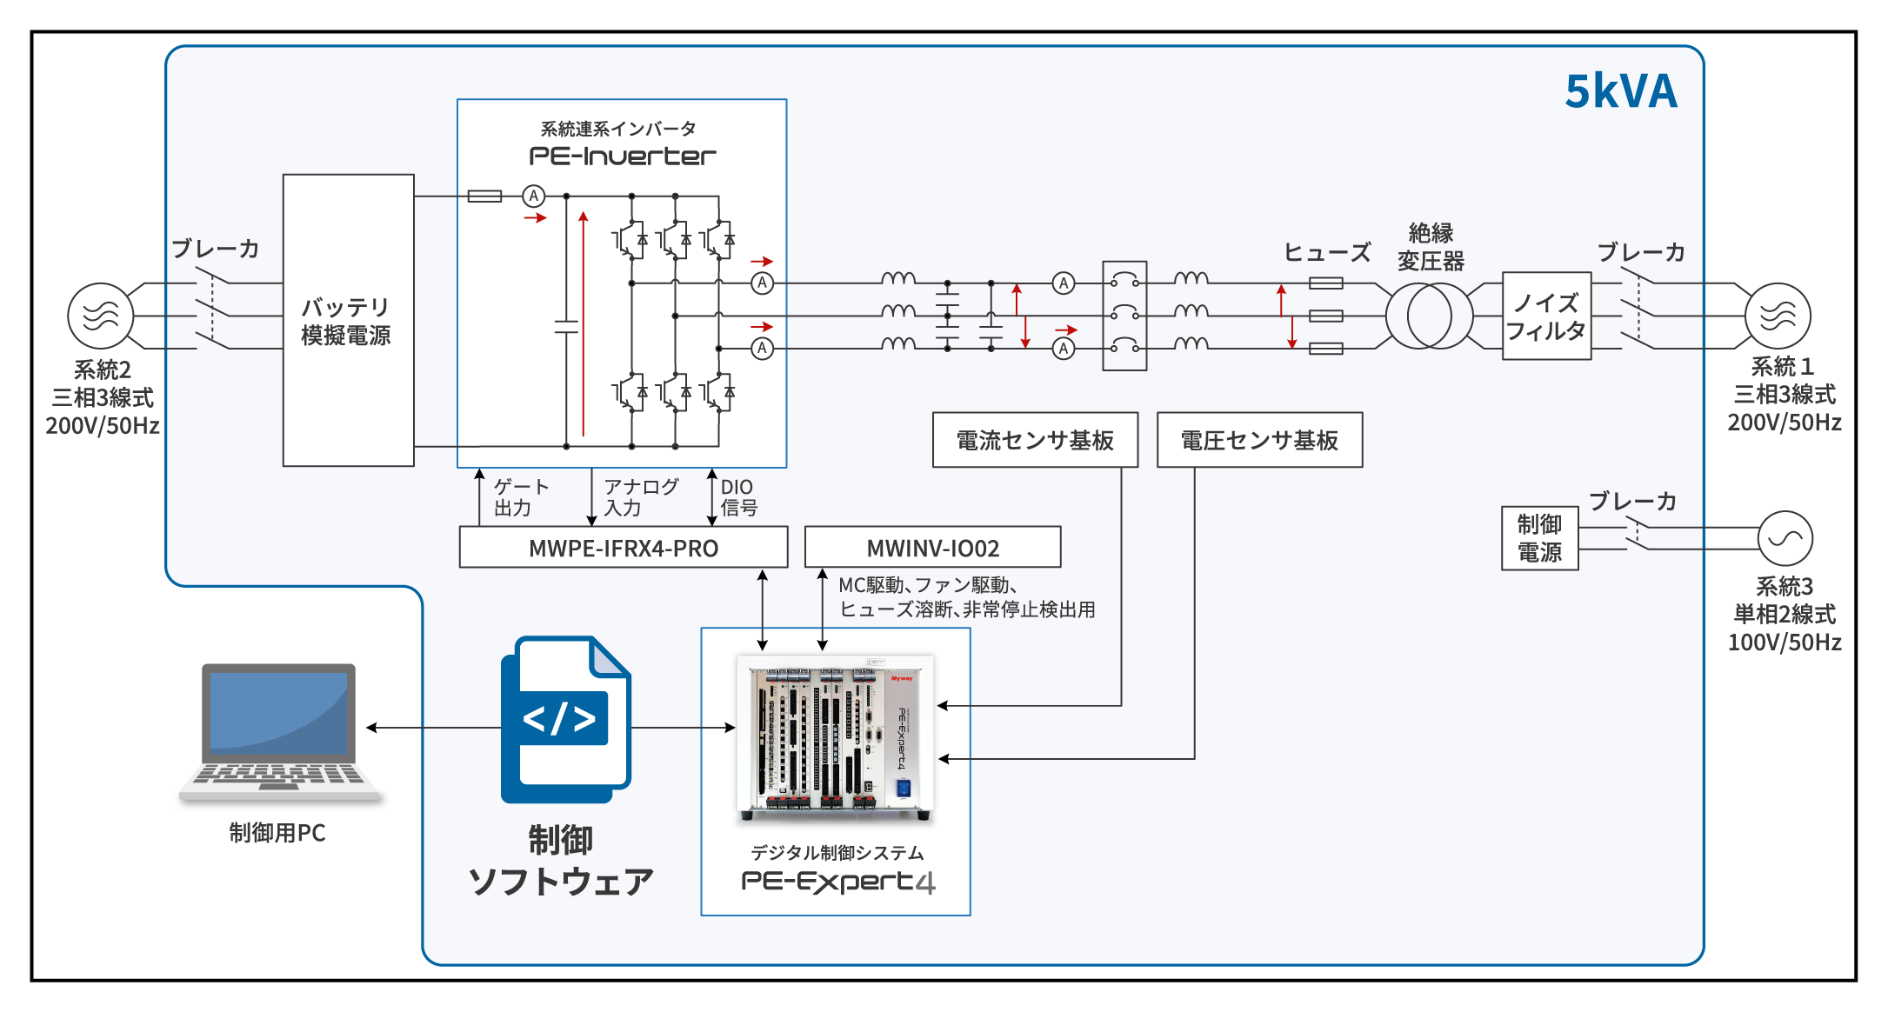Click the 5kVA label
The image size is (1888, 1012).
point(1620,91)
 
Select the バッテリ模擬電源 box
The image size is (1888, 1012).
point(348,320)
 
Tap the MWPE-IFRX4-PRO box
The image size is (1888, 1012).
point(623,548)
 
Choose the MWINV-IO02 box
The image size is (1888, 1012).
point(932,548)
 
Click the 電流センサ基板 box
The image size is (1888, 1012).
point(1035,440)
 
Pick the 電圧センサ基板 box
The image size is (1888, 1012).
point(1259,440)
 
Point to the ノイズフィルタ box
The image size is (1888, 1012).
point(1546,316)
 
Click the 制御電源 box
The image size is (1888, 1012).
point(1539,538)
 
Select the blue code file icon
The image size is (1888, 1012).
point(565,719)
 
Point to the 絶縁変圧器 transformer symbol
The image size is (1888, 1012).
point(1429,316)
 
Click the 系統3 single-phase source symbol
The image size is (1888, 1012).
point(1785,538)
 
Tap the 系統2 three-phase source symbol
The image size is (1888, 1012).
point(101,316)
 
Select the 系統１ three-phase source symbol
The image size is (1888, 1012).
point(1778,316)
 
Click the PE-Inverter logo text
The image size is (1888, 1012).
point(623,156)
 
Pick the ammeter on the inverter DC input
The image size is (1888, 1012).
point(534,196)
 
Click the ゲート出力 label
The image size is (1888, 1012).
point(520,497)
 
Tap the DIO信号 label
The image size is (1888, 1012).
point(738,497)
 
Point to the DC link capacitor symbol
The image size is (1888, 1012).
point(566,326)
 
